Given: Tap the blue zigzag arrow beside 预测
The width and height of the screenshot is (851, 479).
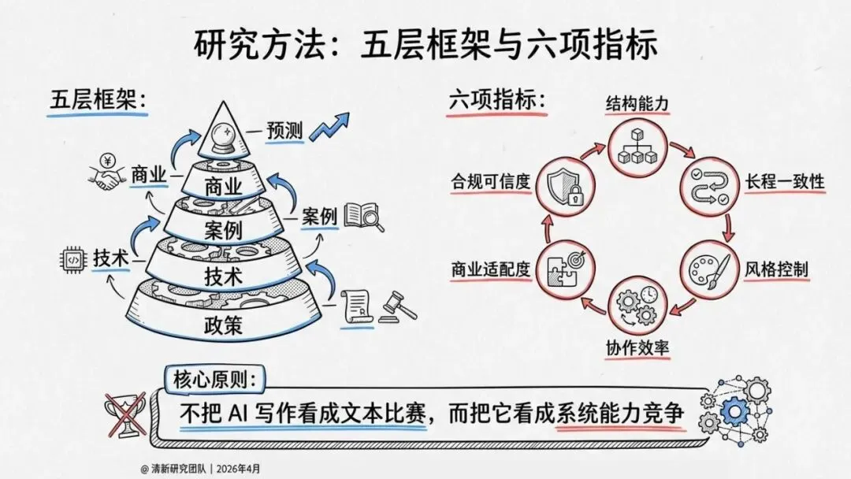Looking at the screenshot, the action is [x=329, y=128].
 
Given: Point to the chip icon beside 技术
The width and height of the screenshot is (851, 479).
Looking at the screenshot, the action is [x=72, y=257].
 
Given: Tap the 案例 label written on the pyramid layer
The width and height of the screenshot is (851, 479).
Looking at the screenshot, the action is [x=222, y=231].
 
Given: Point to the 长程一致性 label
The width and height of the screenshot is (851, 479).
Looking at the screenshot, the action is [x=784, y=182].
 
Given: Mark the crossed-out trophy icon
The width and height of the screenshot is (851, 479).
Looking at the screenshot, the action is [x=126, y=413].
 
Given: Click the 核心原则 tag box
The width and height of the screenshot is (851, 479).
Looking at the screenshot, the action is [x=214, y=379].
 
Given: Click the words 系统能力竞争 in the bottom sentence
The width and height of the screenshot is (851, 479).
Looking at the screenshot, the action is [x=618, y=412].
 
